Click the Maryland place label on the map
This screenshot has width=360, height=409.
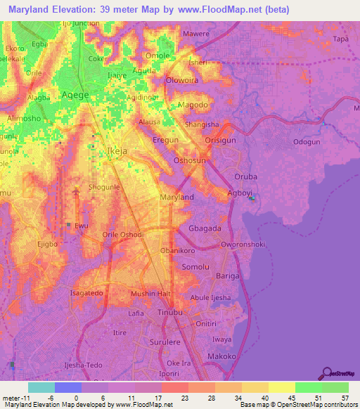click(177, 197)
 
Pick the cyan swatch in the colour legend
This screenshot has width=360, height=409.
click(41, 387)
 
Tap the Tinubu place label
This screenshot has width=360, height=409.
click(170, 311)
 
